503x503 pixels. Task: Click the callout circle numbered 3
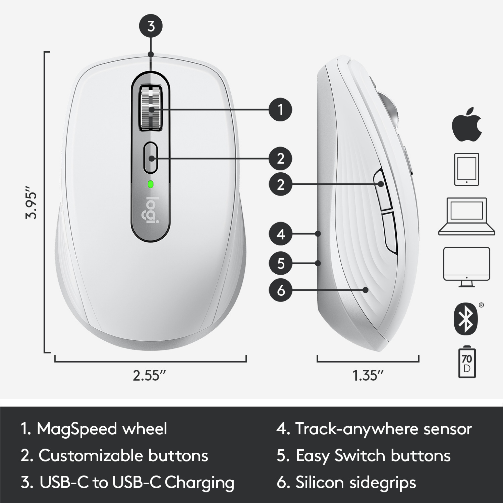tap(151, 26)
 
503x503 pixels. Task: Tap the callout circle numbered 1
tap(280, 109)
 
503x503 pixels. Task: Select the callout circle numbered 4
tap(280, 234)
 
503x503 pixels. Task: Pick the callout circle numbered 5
tap(280, 263)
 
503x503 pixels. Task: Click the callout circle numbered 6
tap(280, 290)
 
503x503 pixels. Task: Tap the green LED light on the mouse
tap(151, 184)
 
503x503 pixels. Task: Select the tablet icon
tap(467, 169)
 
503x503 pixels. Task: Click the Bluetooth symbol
tap(466, 319)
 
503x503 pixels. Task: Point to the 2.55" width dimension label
tap(149, 376)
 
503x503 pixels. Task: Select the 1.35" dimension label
tap(368, 376)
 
